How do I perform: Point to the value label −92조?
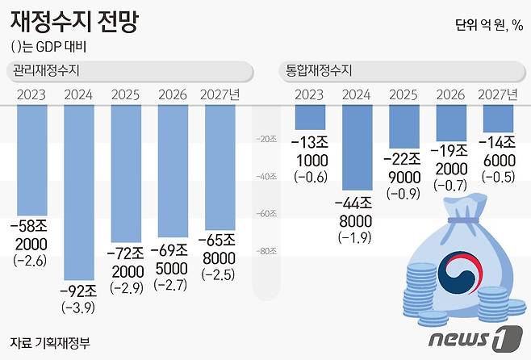pyautogui.click(x=79, y=289)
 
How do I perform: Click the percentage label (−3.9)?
pyautogui.click(x=79, y=308)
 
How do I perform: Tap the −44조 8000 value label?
pyautogui.click(x=357, y=212)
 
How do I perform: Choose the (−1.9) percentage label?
pyautogui.click(x=357, y=238)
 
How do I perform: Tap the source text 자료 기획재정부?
pyautogui.click(x=50, y=341)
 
